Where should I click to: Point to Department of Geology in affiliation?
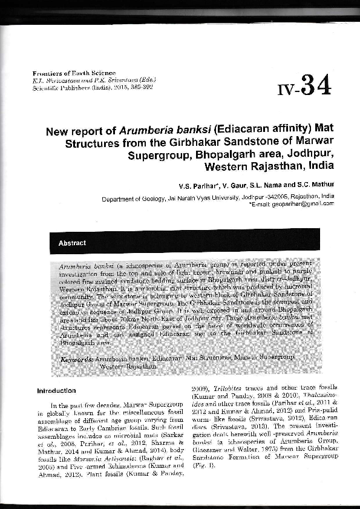pyautogui.click(x=128, y=197)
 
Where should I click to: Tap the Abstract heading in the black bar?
pyautogui.click(x=72, y=243)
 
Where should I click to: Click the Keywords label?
pyautogui.click(x=77, y=359)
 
